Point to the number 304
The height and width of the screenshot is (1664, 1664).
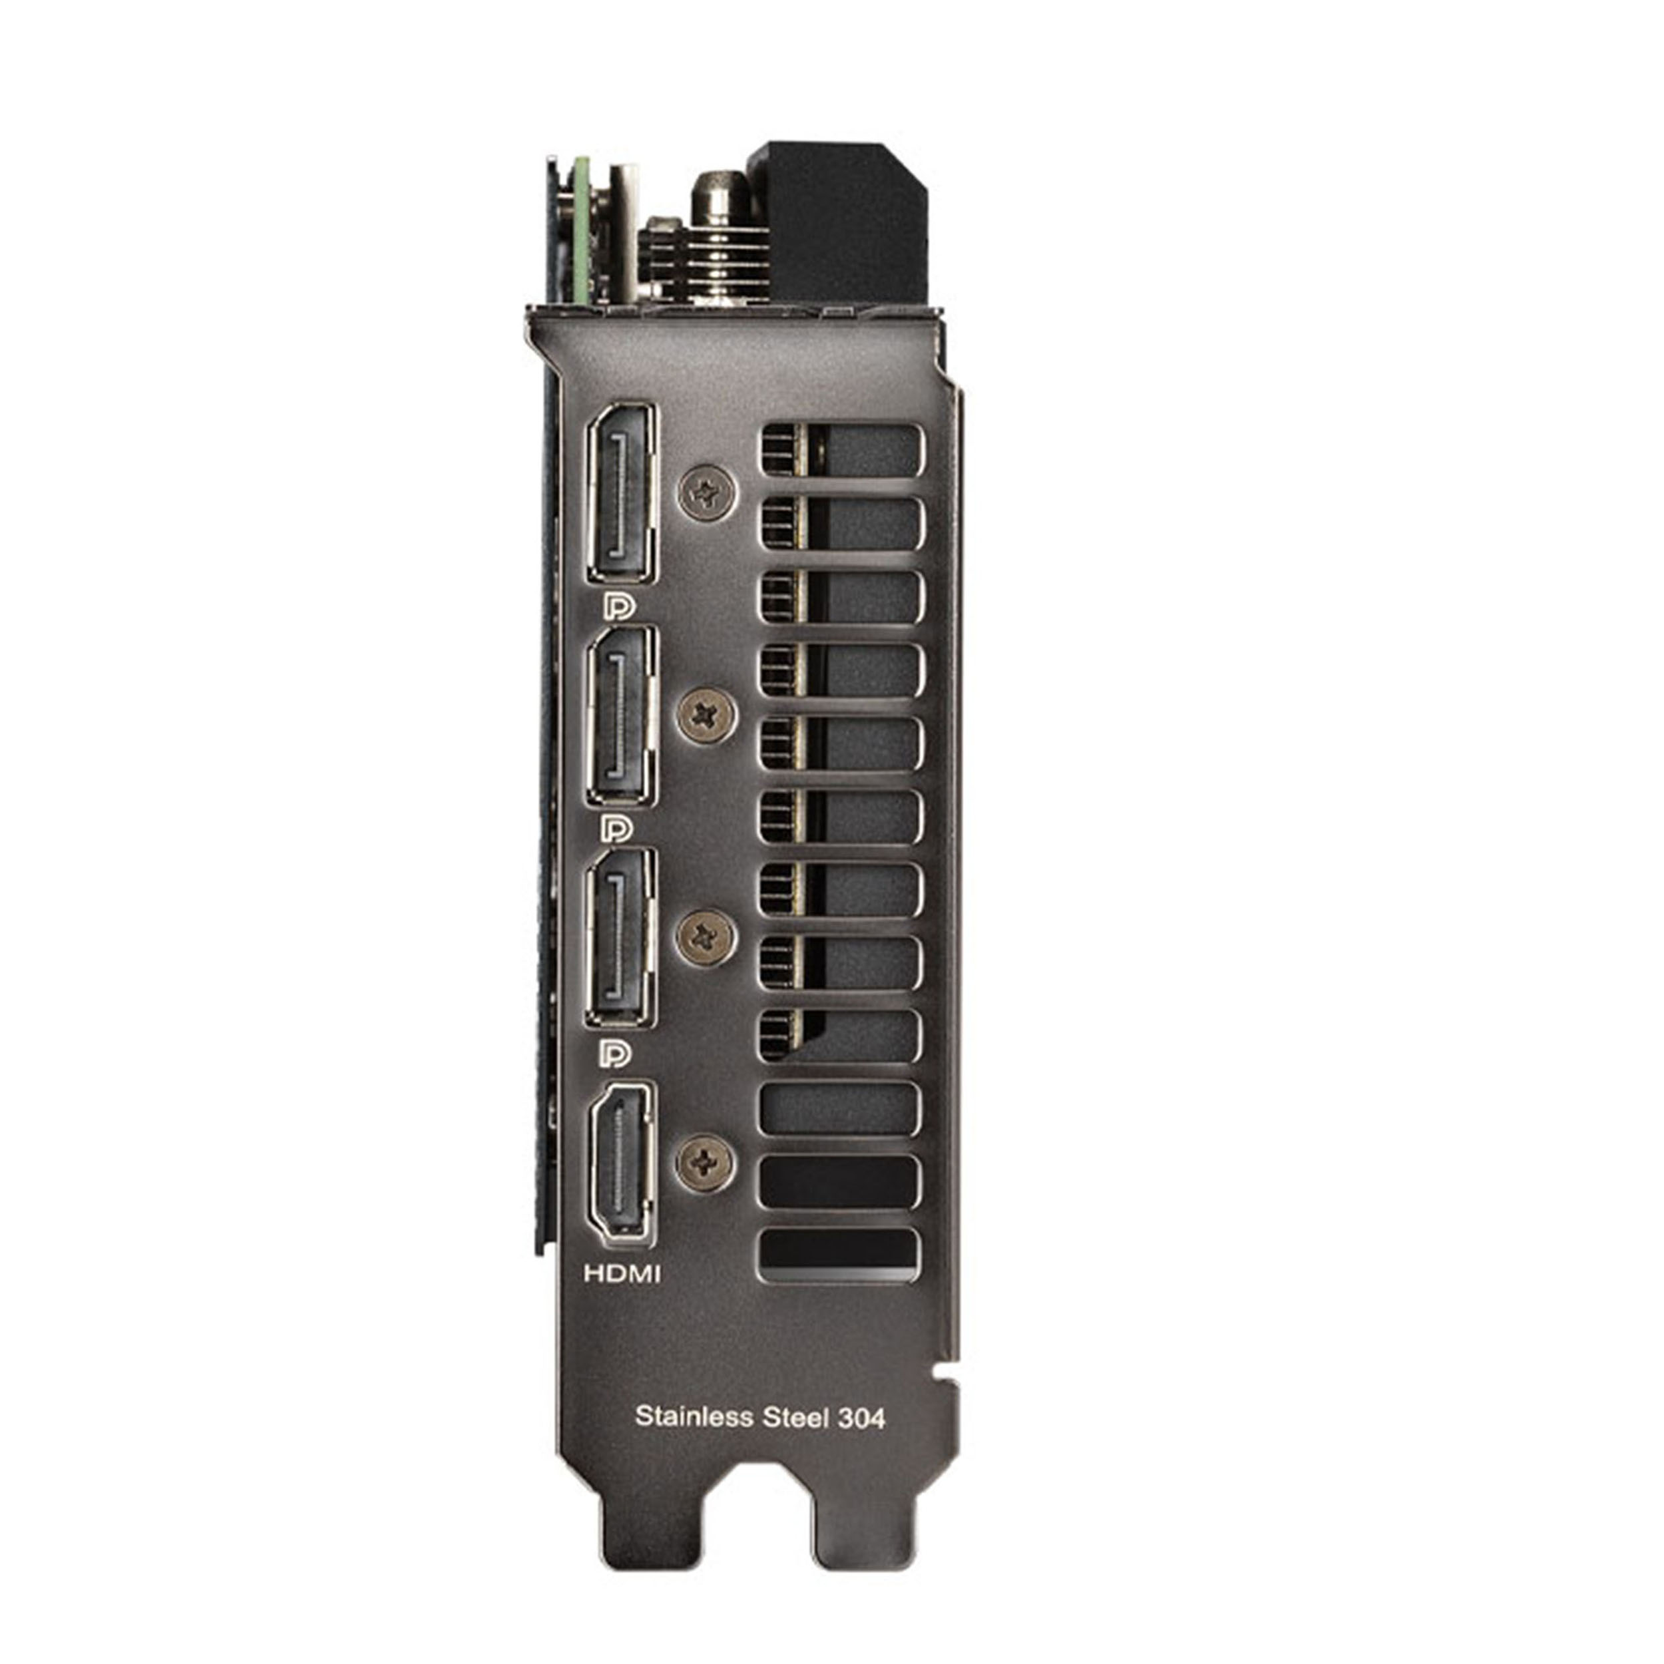point(861,1418)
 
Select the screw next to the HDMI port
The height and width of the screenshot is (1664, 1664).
point(706,1162)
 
